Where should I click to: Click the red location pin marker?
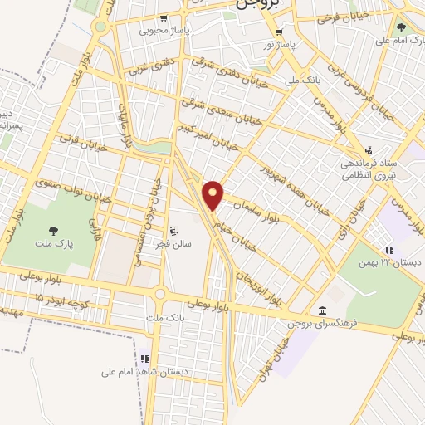pyautogui.click(x=214, y=195)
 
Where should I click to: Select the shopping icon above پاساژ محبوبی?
pyautogui.click(x=164, y=17)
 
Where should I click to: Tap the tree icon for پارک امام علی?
pyautogui.click(x=402, y=27)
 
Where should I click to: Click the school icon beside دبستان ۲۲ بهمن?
pyautogui.click(x=388, y=250)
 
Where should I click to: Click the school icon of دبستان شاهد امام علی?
pyautogui.click(x=145, y=359)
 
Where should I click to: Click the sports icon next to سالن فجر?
pyautogui.click(x=173, y=231)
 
